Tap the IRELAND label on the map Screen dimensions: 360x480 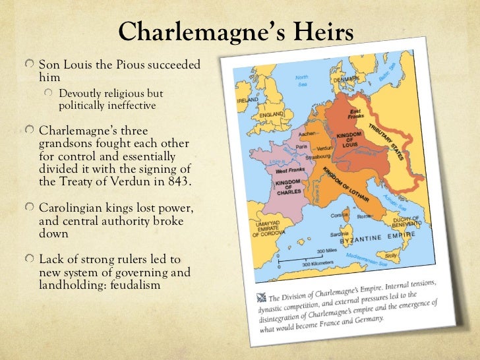(249, 100)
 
